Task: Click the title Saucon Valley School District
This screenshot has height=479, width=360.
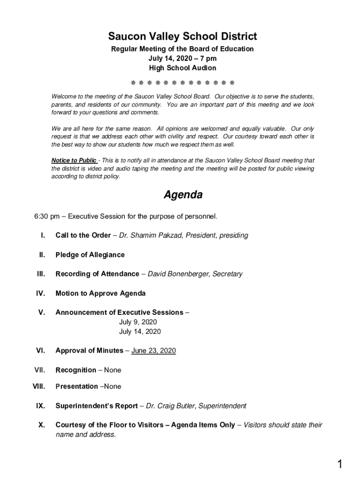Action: pyautogui.click(x=182, y=36)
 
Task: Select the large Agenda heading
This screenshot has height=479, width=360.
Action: pyautogui.click(x=183, y=195)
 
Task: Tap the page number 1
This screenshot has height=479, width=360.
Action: pyautogui.click(x=340, y=464)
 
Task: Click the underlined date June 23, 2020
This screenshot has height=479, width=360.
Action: pyautogui.click(x=153, y=350)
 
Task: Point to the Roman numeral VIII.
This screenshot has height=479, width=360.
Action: pyautogui.click(x=38, y=386)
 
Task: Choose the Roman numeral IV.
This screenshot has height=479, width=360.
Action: pyautogui.click(x=40, y=293)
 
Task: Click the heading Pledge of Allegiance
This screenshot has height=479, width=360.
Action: pyautogui.click(x=90, y=255)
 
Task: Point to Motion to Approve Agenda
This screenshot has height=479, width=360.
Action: pyautogui.click(x=101, y=293)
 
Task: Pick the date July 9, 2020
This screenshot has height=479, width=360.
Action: pyautogui.click(x=138, y=322)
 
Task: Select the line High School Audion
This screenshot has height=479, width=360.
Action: pyautogui.click(x=182, y=68)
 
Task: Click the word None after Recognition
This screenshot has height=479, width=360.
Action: pyautogui.click(x=112, y=370)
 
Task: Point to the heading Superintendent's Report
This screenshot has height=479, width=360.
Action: pyautogui.click(x=96, y=406)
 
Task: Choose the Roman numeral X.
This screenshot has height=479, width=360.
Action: pyautogui.click(x=42, y=425)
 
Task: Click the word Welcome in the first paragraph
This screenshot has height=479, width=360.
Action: pyautogui.click(x=63, y=97)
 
